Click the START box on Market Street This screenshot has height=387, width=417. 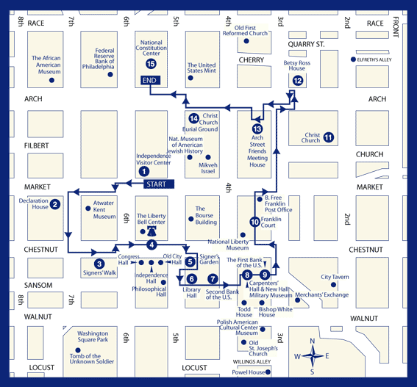point(159,184)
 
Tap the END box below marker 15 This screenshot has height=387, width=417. point(150,80)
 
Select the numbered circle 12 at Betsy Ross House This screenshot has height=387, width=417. point(298,81)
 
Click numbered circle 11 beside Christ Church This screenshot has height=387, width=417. point(329,137)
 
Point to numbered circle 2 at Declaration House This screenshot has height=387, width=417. point(54,204)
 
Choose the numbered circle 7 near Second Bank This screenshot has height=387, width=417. point(213,279)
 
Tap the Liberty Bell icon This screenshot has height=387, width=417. point(152,231)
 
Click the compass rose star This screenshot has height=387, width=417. point(313,355)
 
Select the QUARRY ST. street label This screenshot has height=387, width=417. point(307,44)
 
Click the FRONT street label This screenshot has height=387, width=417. point(396,27)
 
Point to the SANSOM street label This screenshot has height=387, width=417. point(38,285)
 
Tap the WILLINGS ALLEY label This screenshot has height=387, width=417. point(252,362)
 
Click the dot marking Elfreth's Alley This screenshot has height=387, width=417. point(353,59)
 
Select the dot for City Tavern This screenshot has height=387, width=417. point(333,285)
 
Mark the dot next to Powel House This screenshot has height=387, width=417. point(268,372)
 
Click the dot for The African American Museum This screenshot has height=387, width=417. point(52,80)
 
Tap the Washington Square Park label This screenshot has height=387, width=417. point(93,336)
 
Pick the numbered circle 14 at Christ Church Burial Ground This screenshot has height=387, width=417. point(193,118)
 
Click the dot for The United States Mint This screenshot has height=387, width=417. point(190,78)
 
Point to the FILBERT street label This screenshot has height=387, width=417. point(37,145)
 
